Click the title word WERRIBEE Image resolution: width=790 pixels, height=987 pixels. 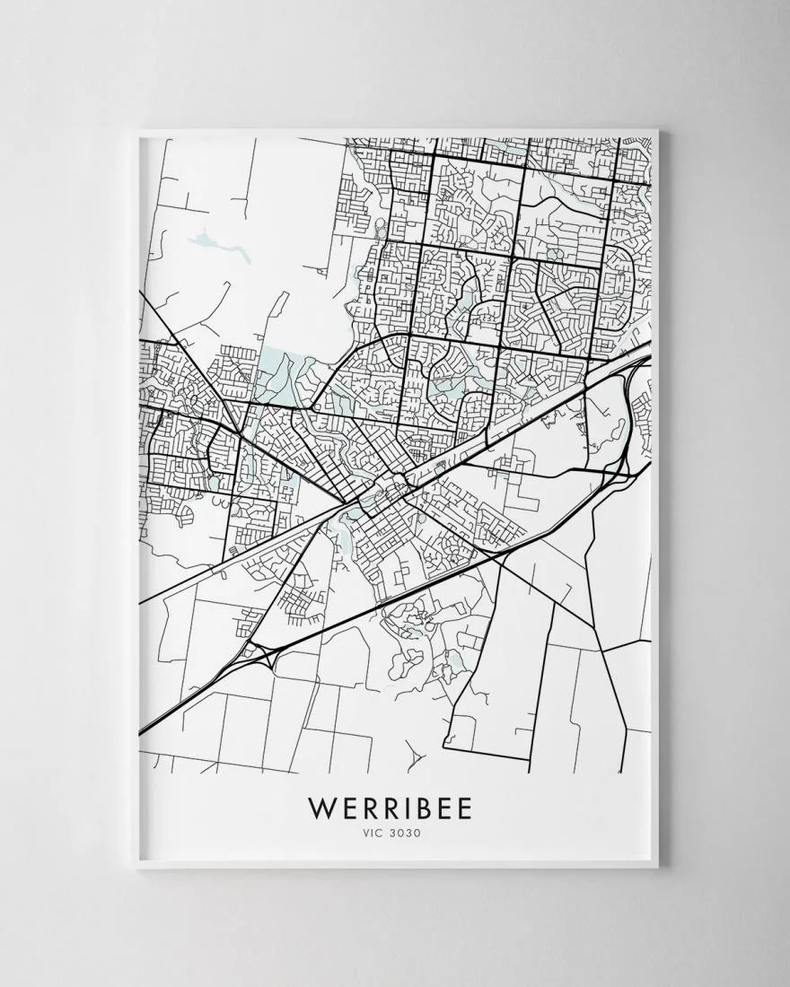tap(390, 808)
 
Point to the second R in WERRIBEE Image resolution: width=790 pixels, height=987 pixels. tap(390, 808)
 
